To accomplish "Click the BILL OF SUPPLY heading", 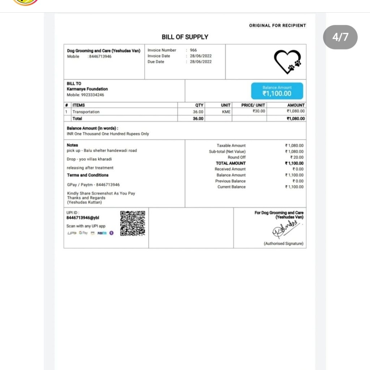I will pos(185,37).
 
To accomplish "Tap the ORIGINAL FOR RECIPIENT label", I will pos(277,26).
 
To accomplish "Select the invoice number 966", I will pos(193,50).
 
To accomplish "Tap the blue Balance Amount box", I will pos(277,91).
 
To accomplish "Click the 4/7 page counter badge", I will pos(340,37).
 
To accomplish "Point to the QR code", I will pos(133,223).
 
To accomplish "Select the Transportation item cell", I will pos(86,112).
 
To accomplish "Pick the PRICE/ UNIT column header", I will pos(253,105).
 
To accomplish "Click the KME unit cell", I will pos(226,112).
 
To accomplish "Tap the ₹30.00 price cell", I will pos(259,111).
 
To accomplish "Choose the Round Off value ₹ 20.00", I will pos(297,158).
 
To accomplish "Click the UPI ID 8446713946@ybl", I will pos(83,218).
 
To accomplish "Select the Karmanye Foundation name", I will pos(87,89).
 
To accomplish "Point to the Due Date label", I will pos(156,62).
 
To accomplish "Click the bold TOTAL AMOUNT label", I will pos(231,163).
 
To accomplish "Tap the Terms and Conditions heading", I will pos(87,175).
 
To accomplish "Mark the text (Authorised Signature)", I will pos(283,244).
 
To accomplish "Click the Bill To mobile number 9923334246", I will pos(86,95).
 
